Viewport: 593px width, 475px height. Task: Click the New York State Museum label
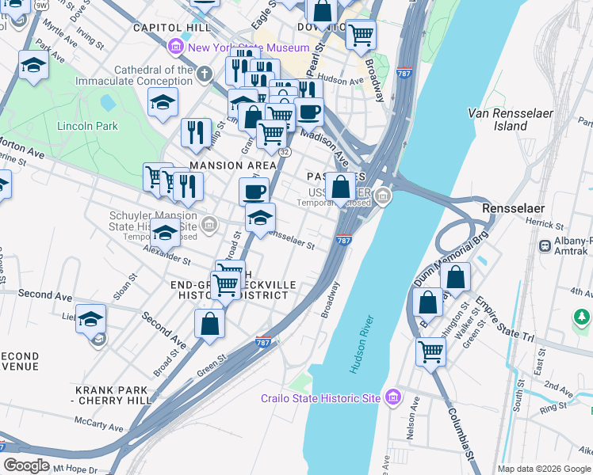pyautogui.click(x=243, y=48)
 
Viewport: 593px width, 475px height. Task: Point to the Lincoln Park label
pyautogui.click(x=87, y=126)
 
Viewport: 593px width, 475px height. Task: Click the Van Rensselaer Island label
pyautogui.click(x=509, y=120)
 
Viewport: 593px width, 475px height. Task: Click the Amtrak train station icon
pyautogui.click(x=545, y=246)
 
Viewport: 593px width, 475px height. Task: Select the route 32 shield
pyautogui.click(x=285, y=151)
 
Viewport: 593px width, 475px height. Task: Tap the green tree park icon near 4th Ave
pyautogui.click(x=581, y=318)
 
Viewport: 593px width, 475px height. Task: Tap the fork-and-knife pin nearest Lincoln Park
pyautogui.click(x=196, y=131)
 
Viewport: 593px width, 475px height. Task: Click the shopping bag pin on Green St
pyautogui.click(x=209, y=323)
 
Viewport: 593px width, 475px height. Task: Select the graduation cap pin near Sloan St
pyautogui.click(x=90, y=317)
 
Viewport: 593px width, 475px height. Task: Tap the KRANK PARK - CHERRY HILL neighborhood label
pyautogui.click(x=113, y=396)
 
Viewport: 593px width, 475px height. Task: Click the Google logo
pyautogui.click(x=26, y=466)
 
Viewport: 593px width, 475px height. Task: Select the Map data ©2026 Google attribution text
pyautogui.click(x=544, y=468)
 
